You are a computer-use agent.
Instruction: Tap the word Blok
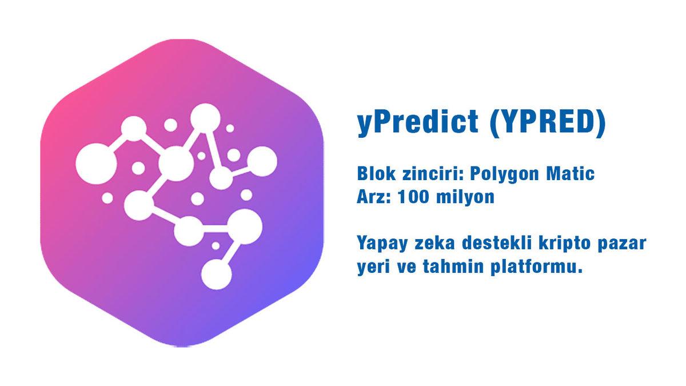click(x=375, y=173)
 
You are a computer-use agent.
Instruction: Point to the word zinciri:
click(x=429, y=173)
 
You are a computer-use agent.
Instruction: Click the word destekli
click(x=492, y=243)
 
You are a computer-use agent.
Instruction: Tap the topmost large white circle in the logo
click(x=202, y=118)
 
